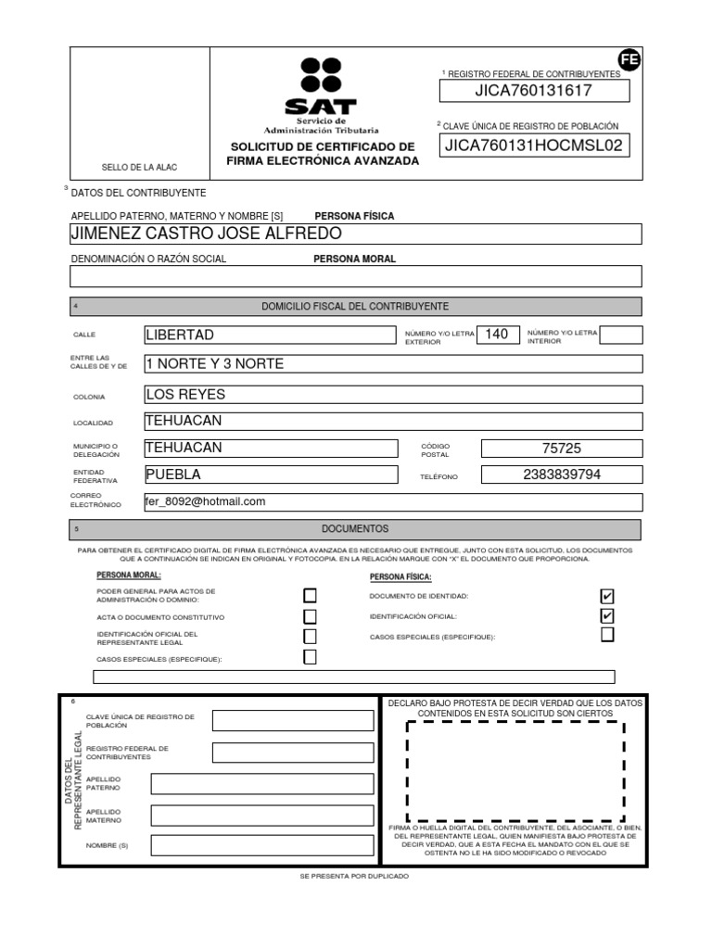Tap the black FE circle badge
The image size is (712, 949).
tap(629, 60)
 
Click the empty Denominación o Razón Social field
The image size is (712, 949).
tap(356, 276)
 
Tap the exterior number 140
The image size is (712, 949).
tap(497, 335)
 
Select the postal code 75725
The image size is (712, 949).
tap(561, 449)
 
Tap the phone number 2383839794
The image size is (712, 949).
tap(561, 475)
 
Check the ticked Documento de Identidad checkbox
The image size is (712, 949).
tap(607, 596)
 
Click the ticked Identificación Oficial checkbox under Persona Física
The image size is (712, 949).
tap(607, 616)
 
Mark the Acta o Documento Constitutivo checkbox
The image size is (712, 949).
tap(310, 616)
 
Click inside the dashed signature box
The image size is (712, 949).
tap(515, 772)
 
